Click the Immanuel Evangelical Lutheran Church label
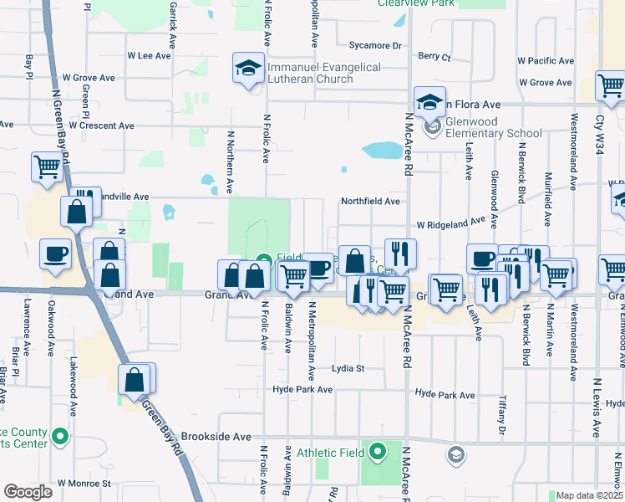(x=324, y=73)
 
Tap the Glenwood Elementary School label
(x=494, y=127)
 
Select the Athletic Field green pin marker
(x=377, y=453)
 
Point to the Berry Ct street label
(x=434, y=57)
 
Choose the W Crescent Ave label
(x=101, y=125)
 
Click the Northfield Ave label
(x=370, y=202)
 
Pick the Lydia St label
(x=348, y=368)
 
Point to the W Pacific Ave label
(x=545, y=61)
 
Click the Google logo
(x=28, y=492)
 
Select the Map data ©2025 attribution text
(x=590, y=495)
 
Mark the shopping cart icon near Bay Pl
(x=47, y=166)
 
